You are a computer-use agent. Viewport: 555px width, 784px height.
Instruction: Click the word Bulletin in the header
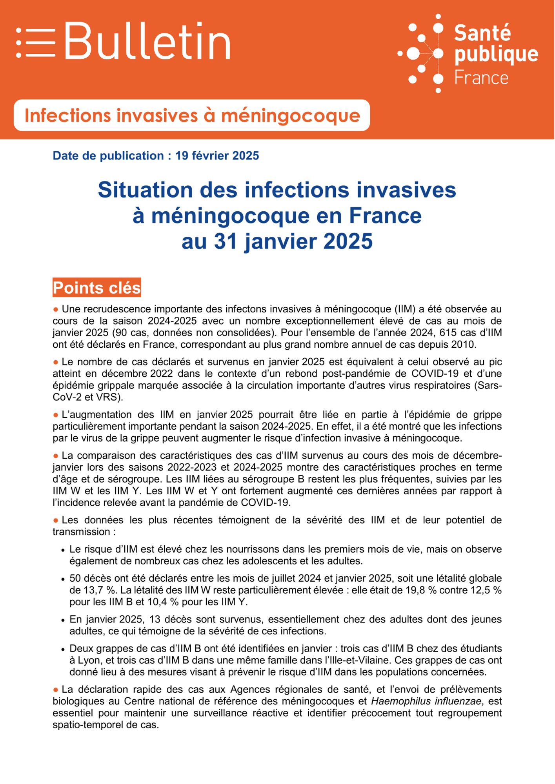click(147, 41)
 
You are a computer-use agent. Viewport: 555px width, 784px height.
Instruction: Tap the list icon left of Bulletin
click(36, 42)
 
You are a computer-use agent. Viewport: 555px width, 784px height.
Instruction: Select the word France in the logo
click(481, 78)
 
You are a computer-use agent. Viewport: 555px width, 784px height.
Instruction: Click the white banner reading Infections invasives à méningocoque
click(192, 115)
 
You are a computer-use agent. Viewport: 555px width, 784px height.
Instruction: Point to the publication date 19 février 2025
click(217, 156)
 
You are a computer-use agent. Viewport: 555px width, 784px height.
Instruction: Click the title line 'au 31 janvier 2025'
click(277, 241)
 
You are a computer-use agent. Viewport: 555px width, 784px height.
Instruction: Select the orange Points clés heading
click(97, 288)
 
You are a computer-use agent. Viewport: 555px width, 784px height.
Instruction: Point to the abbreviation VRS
click(112, 397)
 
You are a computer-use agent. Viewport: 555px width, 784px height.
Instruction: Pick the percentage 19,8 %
click(420, 590)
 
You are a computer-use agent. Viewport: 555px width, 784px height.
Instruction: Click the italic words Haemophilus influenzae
click(426, 701)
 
